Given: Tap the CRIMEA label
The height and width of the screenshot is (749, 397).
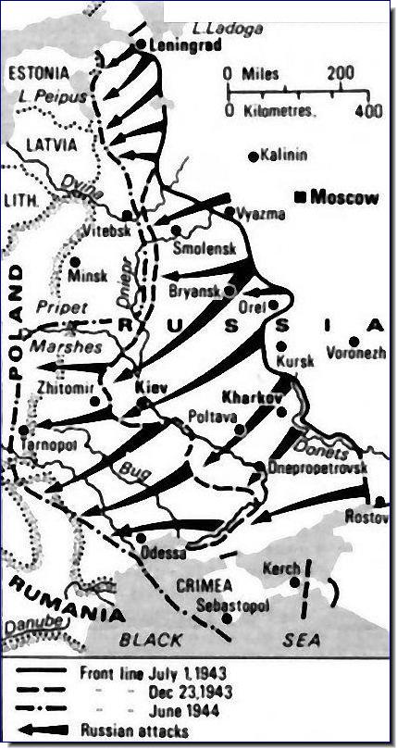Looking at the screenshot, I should [x=203, y=586].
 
